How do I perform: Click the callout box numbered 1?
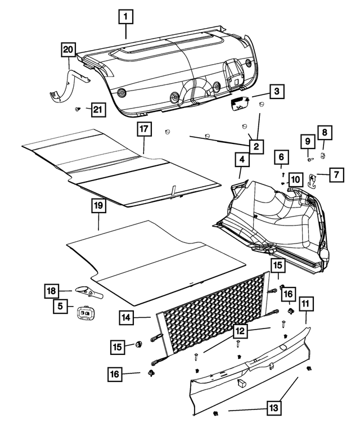click(x=125, y=17)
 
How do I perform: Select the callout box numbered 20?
click(x=68, y=50)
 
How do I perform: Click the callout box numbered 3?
click(x=276, y=91)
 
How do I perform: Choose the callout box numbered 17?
click(x=144, y=129)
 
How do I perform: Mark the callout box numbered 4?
click(x=241, y=160)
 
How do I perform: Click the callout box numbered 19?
click(x=98, y=206)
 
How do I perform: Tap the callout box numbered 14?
click(x=127, y=317)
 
